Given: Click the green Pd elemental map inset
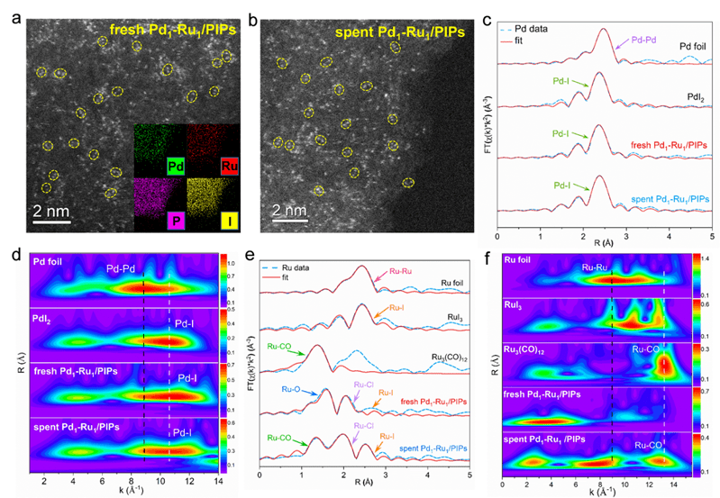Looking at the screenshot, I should [x=159, y=149].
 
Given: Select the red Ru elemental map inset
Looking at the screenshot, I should [x=213, y=149].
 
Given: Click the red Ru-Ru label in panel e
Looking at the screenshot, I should [x=402, y=268].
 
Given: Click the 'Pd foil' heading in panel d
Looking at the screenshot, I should [x=48, y=262].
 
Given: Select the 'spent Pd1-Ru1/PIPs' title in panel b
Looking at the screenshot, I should [x=400, y=32].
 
